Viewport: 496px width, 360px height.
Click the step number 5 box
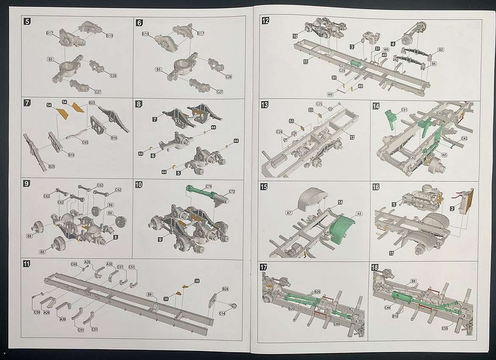tap(28, 22)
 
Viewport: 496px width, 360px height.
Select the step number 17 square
tap(264, 267)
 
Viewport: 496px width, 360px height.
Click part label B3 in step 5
tap(50, 59)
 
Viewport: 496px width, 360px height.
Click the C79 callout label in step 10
tap(208, 186)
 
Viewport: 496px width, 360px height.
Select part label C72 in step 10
tap(232, 191)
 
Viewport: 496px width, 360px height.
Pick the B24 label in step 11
tap(226, 289)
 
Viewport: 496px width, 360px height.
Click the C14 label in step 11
tap(223, 313)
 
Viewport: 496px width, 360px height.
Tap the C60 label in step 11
tap(74, 264)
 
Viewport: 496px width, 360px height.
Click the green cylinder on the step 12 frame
tap(355, 64)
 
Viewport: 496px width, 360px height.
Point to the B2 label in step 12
tap(441, 50)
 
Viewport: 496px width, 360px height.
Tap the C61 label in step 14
tap(404, 110)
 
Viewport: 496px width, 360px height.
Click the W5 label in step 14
tap(444, 155)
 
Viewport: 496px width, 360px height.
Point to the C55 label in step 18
tap(445, 328)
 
